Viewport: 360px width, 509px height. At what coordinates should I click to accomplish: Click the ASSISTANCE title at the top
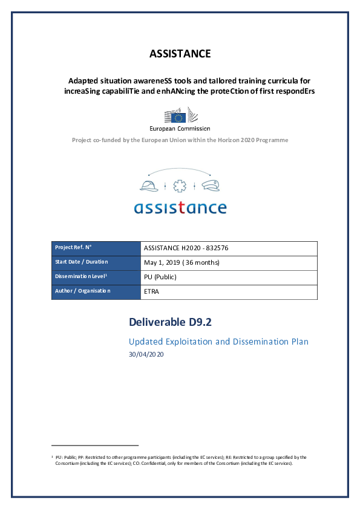pos(180,54)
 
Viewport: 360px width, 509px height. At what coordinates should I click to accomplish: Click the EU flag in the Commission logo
pos(178,116)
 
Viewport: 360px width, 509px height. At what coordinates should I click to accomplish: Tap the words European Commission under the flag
pos(180,128)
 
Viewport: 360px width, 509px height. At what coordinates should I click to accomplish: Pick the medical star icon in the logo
pos(180,185)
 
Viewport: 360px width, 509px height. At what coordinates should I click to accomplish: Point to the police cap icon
pos(211,184)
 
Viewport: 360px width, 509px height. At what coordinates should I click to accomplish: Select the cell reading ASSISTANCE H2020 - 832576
pos(186,248)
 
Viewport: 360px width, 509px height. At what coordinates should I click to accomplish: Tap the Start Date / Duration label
pos(81,262)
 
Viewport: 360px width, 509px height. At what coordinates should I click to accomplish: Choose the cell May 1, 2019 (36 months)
pos(182,262)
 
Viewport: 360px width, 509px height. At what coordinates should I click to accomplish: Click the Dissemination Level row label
pos(81,277)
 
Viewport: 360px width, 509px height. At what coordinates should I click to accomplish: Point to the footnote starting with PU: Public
pos(178,460)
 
